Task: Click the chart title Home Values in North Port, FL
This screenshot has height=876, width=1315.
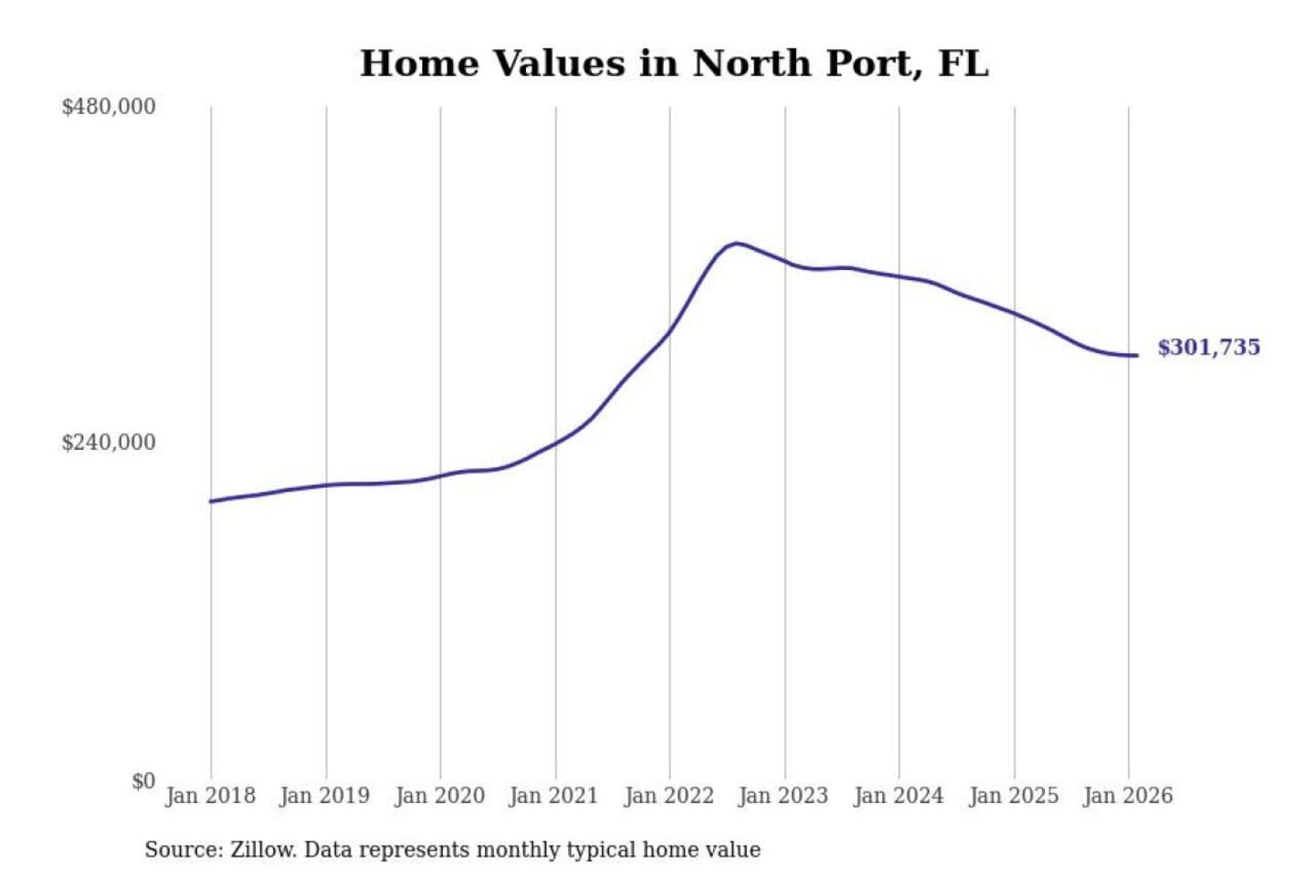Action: pos(674,64)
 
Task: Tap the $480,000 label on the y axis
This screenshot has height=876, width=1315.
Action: pos(109,107)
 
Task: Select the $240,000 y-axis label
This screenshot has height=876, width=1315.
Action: pos(109,443)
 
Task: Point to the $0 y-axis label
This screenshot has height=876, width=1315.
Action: pos(143,781)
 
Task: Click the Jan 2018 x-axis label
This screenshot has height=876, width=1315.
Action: pos(210,796)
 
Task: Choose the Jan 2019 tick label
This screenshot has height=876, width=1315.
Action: pos(325,796)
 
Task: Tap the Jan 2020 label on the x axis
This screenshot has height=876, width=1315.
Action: pos(439,796)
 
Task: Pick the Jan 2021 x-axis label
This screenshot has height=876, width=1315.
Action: pos(553,796)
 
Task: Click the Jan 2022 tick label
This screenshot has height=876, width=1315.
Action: pos(668,796)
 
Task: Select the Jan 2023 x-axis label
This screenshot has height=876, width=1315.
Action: pos(783,796)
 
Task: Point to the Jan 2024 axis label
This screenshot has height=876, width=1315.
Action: pos(898,796)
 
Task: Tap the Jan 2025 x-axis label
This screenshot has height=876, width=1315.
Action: pos(1013,796)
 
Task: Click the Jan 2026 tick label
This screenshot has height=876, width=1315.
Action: pos(1127,796)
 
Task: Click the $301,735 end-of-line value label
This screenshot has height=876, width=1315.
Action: pos(1208,348)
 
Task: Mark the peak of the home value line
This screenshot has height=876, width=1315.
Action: pos(736,243)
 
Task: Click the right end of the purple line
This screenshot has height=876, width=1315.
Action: pos(1136,355)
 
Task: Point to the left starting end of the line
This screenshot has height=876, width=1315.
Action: pos(211,501)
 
